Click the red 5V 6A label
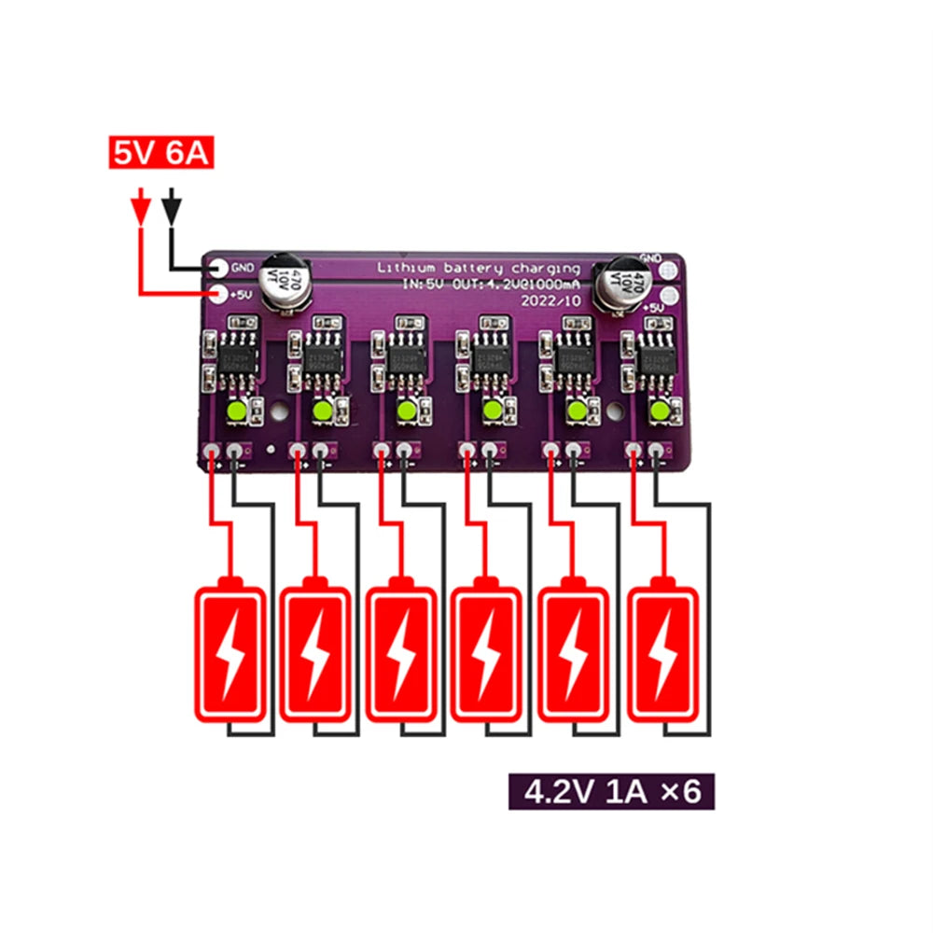click(161, 153)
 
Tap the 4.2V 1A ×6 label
click(612, 792)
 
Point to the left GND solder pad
click(217, 268)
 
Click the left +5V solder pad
click(217, 296)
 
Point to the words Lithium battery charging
click(477, 269)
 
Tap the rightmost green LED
click(659, 411)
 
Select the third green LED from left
click(406, 411)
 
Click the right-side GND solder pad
click(668, 270)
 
